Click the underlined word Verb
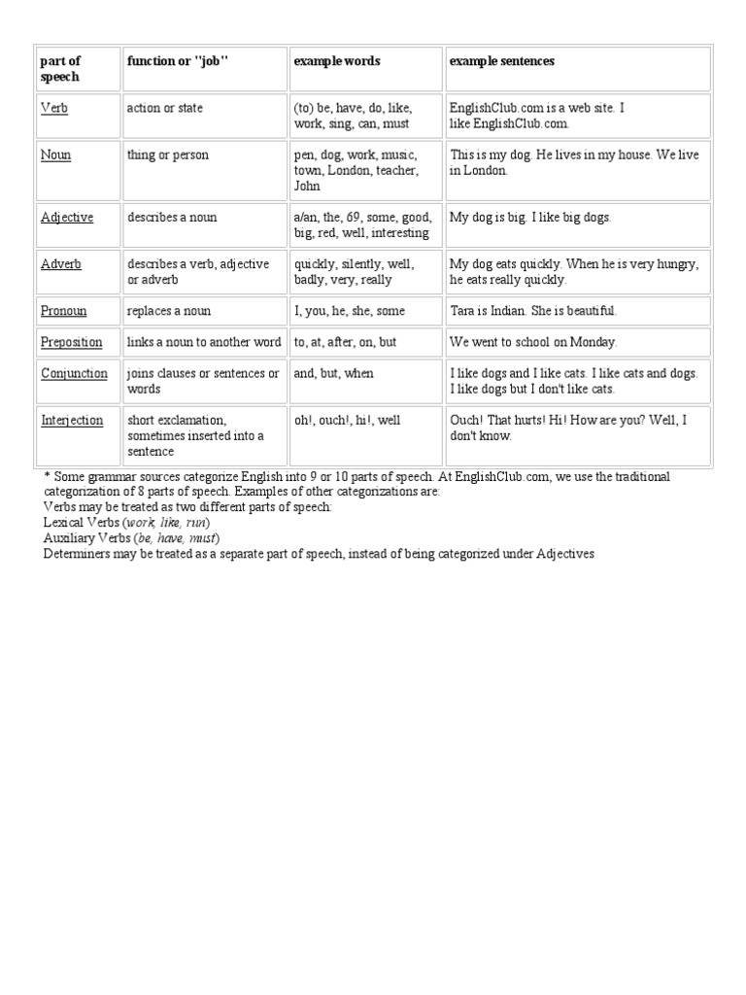(x=54, y=109)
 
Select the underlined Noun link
(x=55, y=155)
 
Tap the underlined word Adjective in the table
(x=67, y=218)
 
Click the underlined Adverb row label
(x=60, y=264)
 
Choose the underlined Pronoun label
(x=63, y=311)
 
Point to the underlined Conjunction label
(x=74, y=373)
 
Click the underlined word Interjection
(x=71, y=420)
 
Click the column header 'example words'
(x=337, y=61)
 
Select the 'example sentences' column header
(x=501, y=61)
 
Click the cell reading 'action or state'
(x=165, y=109)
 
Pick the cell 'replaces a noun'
(x=168, y=311)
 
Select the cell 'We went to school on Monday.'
(x=533, y=342)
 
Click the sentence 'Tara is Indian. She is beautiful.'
(x=533, y=311)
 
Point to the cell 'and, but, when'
(x=333, y=373)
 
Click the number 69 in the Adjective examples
(x=354, y=218)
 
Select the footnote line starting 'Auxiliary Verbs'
(x=132, y=538)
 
